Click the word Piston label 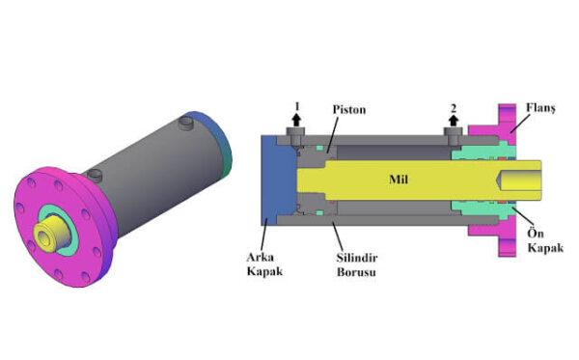coord(349,110)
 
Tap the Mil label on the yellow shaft coord(399,180)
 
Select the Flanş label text coord(540,108)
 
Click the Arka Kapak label coord(264,264)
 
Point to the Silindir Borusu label coord(357,264)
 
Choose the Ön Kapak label coord(545,240)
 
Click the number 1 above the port coord(297,107)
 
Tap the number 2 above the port coord(454,108)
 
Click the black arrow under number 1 coord(296,120)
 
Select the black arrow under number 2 coord(454,120)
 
